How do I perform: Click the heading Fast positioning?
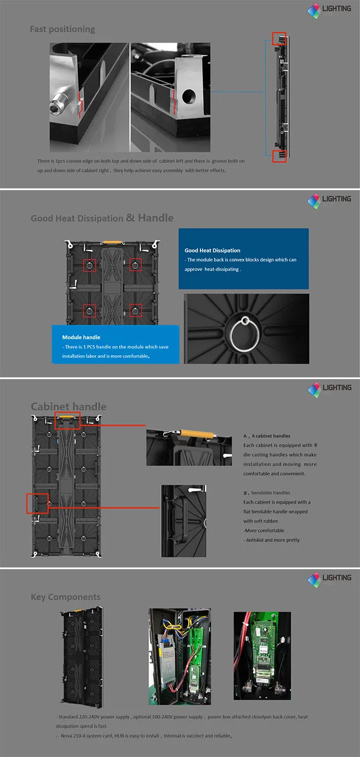pyautogui.click(x=62, y=29)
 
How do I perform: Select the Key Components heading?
pyautogui.click(x=65, y=597)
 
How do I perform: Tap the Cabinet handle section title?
pyautogui.click(x=68, y=407)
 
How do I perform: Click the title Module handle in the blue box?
pyautogui.click(x=81, y=337)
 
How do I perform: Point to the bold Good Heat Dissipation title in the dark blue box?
pyautogui.click(x=212, y=250)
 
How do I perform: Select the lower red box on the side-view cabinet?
pyautogui.click(x=279, y=155)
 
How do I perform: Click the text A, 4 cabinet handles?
pyautogui.click(x=266, y=436)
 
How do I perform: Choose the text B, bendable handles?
pyautogui.click(x=266, y=493)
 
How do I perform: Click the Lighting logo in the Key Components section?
pyautogui.click(x=330, y=580)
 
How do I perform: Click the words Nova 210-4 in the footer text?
pyautogui.click(x=80, y=736)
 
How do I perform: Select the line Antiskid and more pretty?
pyautogui.click(x=271, y=540)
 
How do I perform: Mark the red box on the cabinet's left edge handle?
pyautogui.click(x=38, y=503)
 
